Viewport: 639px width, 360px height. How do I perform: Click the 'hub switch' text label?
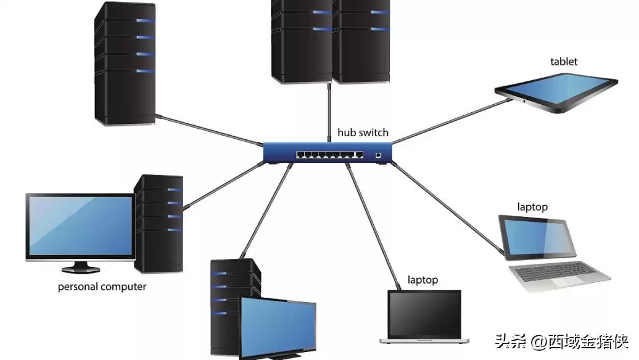tap(363, 133)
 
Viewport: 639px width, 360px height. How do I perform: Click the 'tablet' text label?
tap(564, 62)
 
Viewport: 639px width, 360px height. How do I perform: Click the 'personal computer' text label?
tap(102, 287)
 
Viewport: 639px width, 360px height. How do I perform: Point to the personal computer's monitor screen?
tap(80, 225)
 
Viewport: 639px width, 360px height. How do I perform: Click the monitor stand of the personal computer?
tap(80, 266)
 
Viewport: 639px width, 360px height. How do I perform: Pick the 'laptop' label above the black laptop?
tap(423, 280)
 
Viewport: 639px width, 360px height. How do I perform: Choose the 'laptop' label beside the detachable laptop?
tap(532, 207)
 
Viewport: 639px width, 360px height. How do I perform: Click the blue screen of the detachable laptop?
tap(536, 237)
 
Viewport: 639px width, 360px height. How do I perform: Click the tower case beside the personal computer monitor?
tap(159, 222)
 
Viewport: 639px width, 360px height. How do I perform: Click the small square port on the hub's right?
tap(378, 155)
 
